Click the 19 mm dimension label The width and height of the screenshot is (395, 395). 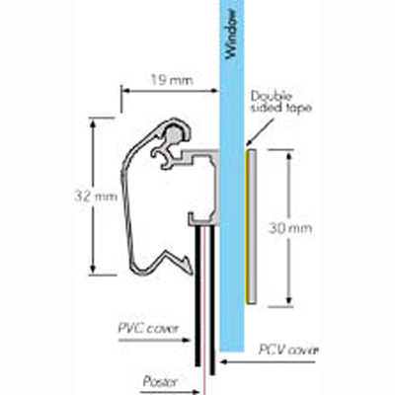[172, 80]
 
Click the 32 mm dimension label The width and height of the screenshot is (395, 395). [96, 197]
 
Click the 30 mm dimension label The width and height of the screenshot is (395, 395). [290, 228]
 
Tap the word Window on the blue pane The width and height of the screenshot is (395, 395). [231, 35]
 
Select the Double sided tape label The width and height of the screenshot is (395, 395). [280, 102]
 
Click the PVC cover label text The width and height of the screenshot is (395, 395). [148, 329]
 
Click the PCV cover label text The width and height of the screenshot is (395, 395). [288, 350]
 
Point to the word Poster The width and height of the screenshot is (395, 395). [160, 382]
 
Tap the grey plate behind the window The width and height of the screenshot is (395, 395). [252, 226]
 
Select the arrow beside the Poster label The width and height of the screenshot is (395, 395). [170, 392]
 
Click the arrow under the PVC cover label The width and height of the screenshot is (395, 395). [154, 340]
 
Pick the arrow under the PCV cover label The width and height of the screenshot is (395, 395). [268, 362]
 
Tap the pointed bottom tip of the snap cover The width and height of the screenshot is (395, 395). [191, 273]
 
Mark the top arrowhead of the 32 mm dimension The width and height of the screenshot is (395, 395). [93, 123]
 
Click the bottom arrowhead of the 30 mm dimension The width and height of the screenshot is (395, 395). [289, 299]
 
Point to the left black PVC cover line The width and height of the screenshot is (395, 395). [197, 296]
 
